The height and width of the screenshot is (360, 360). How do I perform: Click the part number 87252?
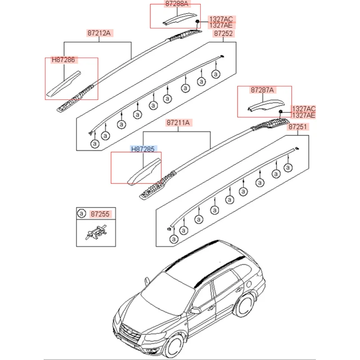[224, 34]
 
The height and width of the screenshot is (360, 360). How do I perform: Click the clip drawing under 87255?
[95, 233]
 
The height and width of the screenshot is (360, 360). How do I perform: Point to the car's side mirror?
[195, 310]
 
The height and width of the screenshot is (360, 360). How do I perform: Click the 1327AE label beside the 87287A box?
[304, 115]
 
